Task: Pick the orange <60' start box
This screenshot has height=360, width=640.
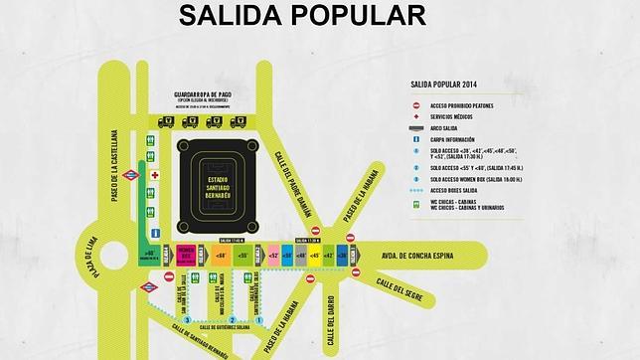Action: click(221, 256)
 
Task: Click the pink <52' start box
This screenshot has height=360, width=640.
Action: click(273, 256)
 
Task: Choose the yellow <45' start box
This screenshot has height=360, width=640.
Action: click(316, 256)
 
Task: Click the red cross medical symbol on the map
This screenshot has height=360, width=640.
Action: click(154, 175)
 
